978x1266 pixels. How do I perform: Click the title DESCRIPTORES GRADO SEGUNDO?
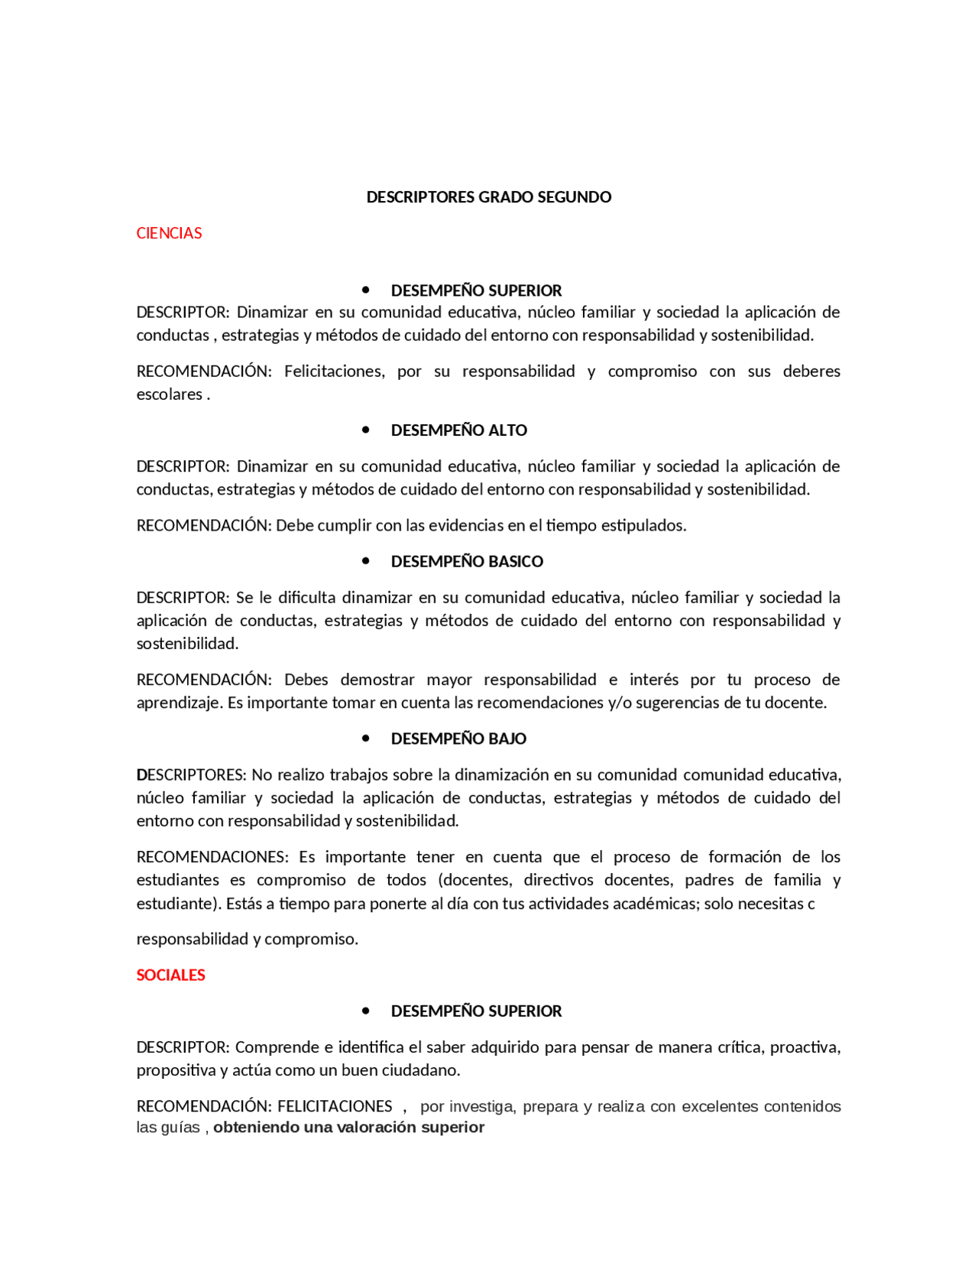pyautogui.click(x=488, y=197)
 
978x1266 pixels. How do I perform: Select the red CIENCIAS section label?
pyautogui.click(x=169, y=233)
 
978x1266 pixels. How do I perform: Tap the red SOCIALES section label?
pyautogui.click(x=170, y=975)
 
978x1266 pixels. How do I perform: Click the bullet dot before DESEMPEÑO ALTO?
pyautogui.click(x=366, y=430)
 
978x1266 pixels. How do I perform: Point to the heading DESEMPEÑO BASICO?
pyautogui.click(x=467, y=561)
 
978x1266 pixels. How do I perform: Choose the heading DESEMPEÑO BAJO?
pyautogui.click(x=458, y=738)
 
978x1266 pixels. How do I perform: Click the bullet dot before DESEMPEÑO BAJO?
pyautogui.click(x=366, y=738)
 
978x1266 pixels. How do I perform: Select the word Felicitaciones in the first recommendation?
pyautogui.click(x=334, y=372)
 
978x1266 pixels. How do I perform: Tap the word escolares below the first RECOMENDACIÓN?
pyautogui.click(x=169, y=394)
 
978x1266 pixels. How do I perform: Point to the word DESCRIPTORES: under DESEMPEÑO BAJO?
pyautogui.click(x=191, y=775)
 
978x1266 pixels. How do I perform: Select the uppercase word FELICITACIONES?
pyautogui.click(x=335, y=1106)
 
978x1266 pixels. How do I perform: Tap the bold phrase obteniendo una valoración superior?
pyautogui.click(x=348, y=1128)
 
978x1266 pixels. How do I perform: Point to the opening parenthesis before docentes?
pyautogui.click(x=441, y=880)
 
